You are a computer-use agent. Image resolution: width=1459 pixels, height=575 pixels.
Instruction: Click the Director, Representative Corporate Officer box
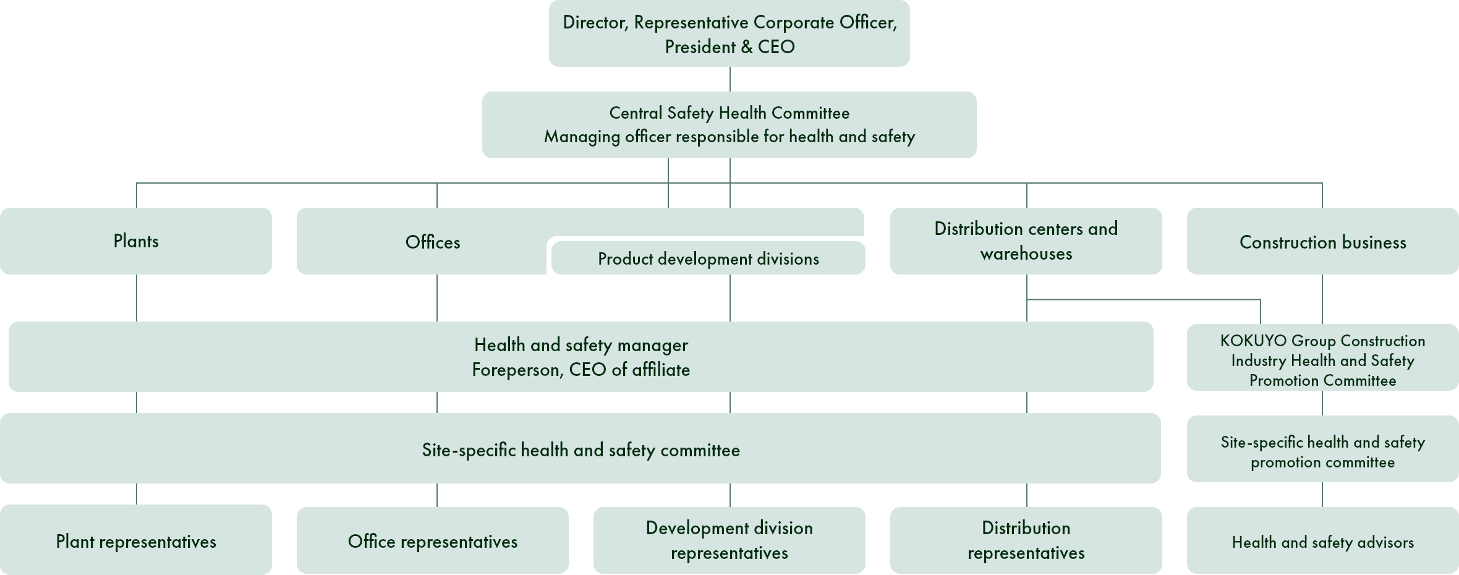729,33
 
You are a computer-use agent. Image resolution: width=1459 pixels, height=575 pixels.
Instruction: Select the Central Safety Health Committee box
729,125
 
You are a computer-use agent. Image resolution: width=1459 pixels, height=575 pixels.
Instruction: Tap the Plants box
136,241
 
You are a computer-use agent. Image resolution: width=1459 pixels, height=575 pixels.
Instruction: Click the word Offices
433,242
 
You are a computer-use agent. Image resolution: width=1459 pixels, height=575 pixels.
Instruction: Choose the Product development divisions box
708,258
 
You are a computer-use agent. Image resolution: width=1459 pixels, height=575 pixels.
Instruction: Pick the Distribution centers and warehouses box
1026,241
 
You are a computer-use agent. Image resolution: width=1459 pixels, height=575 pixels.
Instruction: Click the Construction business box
1323,241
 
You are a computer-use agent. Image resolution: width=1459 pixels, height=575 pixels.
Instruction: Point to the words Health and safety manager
581,345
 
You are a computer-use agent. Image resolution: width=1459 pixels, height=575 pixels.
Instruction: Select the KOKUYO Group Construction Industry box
1323,357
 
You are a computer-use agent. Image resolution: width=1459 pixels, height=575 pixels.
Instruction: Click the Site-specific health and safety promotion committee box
1323,449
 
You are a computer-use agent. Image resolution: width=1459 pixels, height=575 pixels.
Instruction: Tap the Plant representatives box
136,540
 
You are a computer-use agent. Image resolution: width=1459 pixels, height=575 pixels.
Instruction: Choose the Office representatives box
433,540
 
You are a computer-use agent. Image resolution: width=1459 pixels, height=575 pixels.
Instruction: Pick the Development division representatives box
729,540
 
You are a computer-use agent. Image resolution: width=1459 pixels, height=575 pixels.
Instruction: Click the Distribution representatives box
1026,540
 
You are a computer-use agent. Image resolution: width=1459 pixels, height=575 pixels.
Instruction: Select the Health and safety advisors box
1323,540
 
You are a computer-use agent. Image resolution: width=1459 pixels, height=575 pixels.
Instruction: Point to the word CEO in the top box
776,46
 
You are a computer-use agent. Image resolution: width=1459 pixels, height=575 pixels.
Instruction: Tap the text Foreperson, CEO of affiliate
581,370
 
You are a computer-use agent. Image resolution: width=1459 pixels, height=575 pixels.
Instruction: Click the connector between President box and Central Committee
730,79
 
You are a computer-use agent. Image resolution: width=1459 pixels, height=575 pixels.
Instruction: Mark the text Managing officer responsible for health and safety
729,137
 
